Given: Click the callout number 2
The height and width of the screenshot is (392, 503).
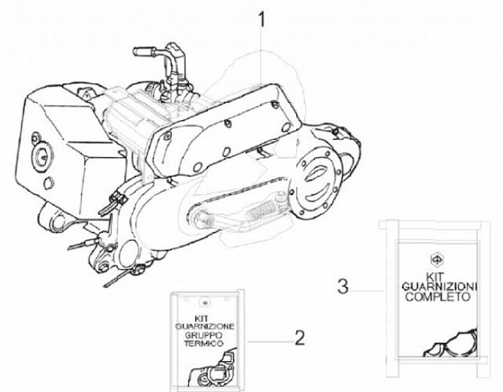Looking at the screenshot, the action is pyautogui.click(x=300, y=338).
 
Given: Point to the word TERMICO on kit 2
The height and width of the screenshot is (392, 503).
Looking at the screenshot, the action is pyautogui.click(x=204, y=347).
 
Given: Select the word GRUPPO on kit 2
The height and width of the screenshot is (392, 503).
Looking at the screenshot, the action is pyautogui.click(x=204, y=337).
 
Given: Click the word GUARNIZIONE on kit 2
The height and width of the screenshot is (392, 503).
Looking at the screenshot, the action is pyautogui.click(x=205, y=327).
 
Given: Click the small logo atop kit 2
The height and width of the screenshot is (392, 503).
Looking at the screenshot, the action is pyautogui.click(x=204, y=303).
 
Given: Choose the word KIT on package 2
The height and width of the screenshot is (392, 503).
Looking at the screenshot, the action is pyautogui.click(x=204, y=318).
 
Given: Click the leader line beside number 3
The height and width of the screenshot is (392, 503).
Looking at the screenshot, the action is pyautogui.click(x=367, y=287).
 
